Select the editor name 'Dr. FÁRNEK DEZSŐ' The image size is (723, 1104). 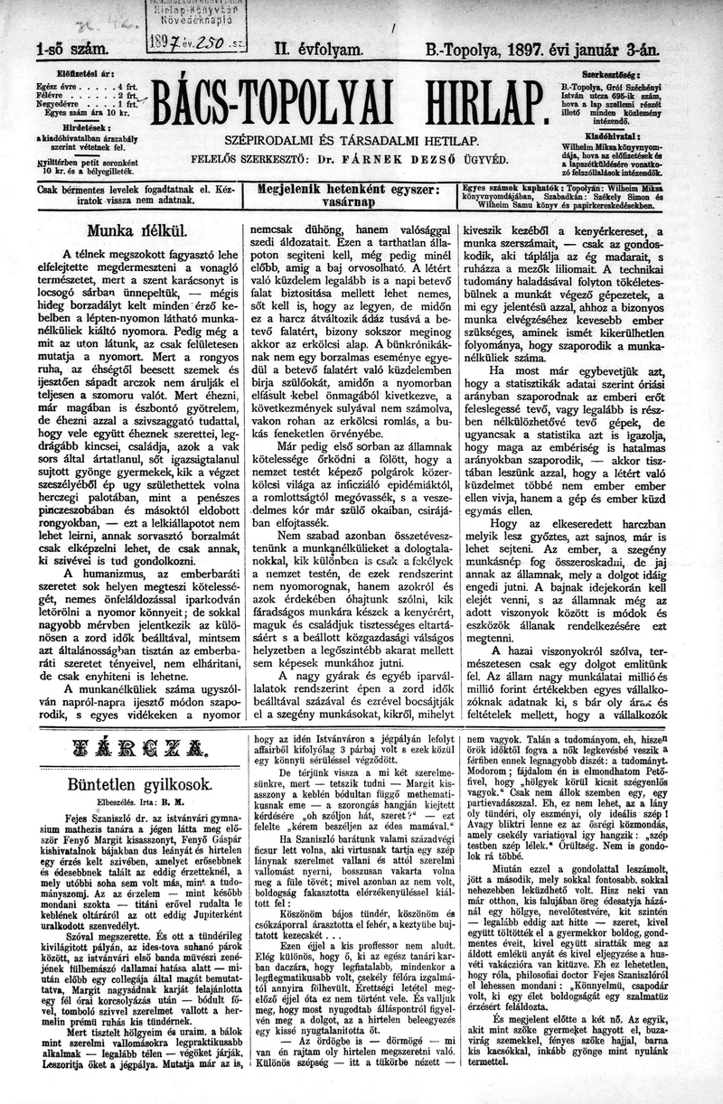(x=371, y=159)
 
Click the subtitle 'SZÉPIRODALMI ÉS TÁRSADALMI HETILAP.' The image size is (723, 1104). (x=352, y=141)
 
